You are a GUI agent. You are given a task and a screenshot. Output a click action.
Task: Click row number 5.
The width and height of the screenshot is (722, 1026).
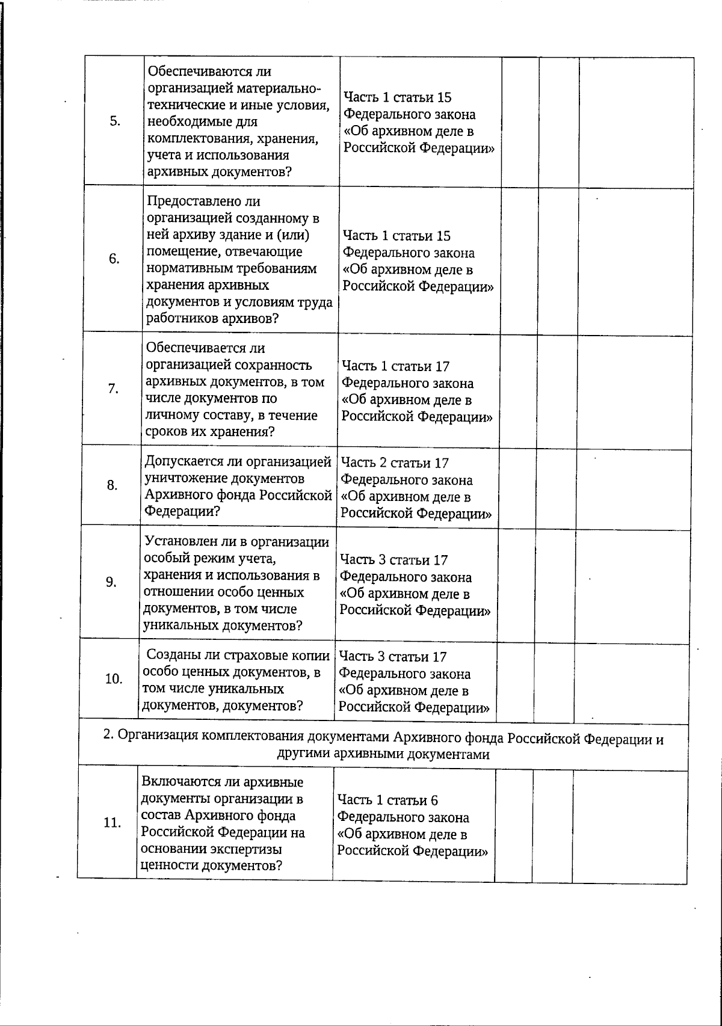tap(114, 121)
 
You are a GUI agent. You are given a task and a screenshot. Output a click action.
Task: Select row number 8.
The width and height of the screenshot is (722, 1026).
tap(113, 485)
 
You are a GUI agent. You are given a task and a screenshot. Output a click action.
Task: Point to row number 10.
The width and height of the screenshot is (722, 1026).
tap(113, 679)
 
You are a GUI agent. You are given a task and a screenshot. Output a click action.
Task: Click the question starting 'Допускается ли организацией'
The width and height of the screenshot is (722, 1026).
tap(238, 462)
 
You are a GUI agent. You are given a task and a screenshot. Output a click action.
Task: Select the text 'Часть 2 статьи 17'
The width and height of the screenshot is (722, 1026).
tap(395, 463)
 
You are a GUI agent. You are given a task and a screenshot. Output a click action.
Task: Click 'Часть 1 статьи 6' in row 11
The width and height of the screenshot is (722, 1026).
tap(387, 800)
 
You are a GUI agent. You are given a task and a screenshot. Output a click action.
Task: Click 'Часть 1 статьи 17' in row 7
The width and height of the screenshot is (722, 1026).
tap(395, 366)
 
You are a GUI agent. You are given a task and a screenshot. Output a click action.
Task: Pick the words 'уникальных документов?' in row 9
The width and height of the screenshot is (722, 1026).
tap(223, 625)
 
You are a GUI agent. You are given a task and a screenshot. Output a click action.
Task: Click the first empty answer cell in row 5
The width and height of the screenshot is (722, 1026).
tap(520, 121)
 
